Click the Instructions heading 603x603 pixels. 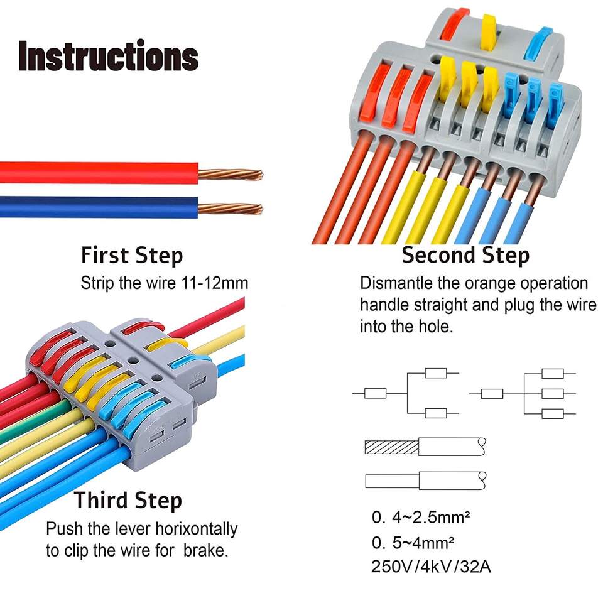pos(108,56)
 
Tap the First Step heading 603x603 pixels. pos(132,256)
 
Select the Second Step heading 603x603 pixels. pos(465,256)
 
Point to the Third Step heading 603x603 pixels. pos(128,501)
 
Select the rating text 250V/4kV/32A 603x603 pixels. pos(431,566)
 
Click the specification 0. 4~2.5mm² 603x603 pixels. pos(421,518)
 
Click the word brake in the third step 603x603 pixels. pos(205,551)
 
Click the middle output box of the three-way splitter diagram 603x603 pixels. pos(553,394)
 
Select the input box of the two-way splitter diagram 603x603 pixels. pos(375,394)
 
